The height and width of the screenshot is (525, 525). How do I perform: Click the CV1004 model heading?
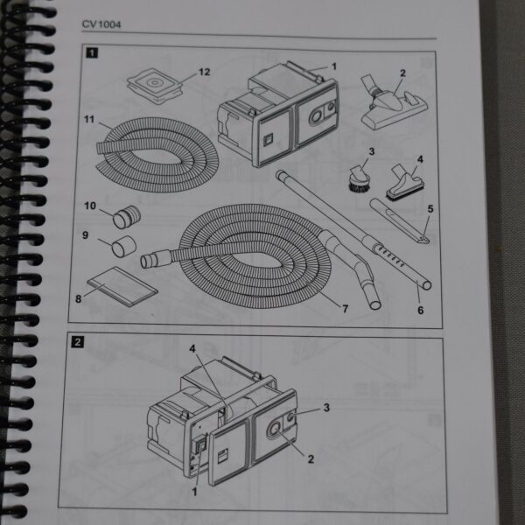(101, 24)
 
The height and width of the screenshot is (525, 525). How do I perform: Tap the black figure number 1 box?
(92, 52)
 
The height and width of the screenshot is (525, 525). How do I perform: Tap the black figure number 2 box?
(78, 342)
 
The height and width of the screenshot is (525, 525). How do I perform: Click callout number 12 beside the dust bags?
(204, 72)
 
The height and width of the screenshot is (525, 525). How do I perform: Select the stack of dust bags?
(155, 86)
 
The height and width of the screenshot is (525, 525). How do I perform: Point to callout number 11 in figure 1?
(89, 119)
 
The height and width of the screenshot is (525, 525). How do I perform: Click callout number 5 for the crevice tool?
(430, 209)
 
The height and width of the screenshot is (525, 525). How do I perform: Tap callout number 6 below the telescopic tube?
(421, 310)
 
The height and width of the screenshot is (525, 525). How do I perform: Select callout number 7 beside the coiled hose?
(346, 308)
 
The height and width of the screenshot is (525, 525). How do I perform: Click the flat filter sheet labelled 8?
(122, 286)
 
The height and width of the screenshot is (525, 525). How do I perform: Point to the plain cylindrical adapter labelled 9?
(123, 246)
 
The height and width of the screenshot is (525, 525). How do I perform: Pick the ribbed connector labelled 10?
(127, 216)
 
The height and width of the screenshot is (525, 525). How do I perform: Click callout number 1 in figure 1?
(334, 66)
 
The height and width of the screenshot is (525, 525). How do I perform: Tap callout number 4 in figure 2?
(192, 349)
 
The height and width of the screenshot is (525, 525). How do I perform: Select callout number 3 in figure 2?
(326, 408)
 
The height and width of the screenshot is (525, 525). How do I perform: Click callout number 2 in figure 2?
(311, 459)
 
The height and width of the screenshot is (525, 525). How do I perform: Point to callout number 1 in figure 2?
(194, 492)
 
